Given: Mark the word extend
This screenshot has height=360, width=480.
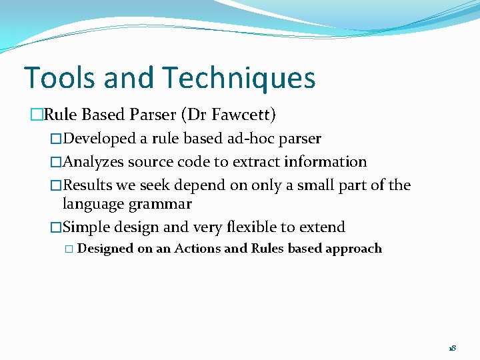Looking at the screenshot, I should pos(322,227).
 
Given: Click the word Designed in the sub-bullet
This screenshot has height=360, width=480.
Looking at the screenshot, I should pos(105,249).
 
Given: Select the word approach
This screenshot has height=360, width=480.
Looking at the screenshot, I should pos(353,249).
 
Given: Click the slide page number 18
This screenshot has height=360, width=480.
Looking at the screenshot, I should pos(451,348).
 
